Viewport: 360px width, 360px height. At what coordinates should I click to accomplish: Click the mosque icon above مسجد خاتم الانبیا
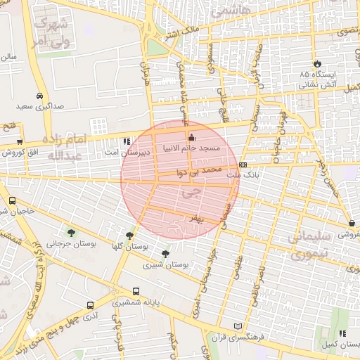tap(191, 137)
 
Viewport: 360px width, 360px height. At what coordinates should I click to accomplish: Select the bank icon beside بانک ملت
tap(243, 164)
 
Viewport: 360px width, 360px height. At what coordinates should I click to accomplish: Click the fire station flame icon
tap(317, 63)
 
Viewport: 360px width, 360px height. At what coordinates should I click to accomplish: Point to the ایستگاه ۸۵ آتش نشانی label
tap(318, 79)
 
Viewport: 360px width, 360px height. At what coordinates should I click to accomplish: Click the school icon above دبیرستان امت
tap(127, 141)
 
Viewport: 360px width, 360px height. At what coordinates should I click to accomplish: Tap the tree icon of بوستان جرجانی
tap(71, 232)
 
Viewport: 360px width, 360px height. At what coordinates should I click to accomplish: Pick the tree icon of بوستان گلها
tap(129, 236)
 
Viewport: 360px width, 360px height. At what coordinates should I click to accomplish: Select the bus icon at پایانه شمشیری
tap(136, 291)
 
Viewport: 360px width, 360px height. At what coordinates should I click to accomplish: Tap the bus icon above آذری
tap(90, 305)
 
